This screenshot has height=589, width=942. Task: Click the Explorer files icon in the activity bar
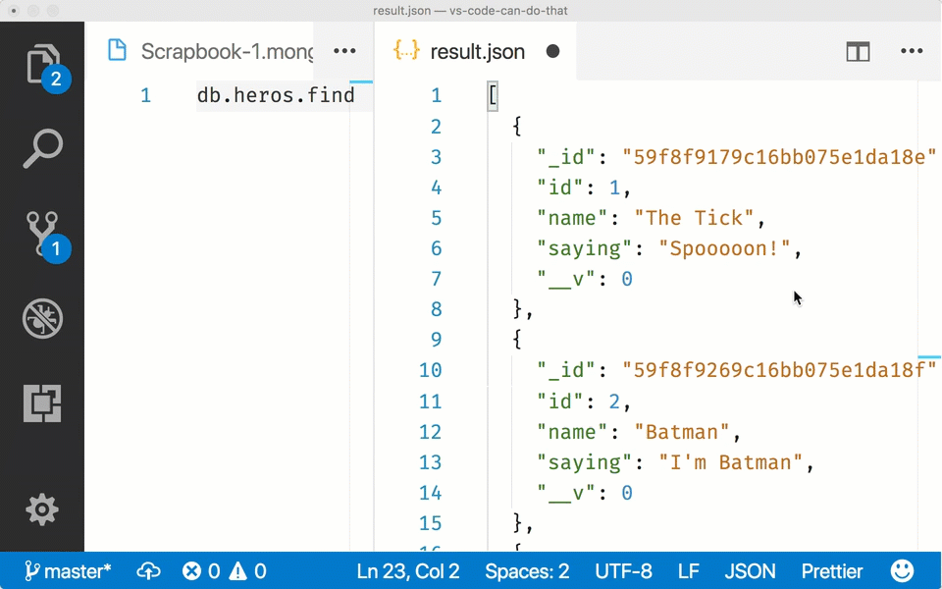coord(42,63)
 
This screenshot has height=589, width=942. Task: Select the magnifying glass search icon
coord(42,148)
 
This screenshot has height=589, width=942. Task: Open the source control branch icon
coord(42,234)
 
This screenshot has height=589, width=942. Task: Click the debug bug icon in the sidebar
coord(42,318)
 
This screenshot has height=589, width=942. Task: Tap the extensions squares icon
coord(42,402)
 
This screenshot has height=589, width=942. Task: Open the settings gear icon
coord(42,509)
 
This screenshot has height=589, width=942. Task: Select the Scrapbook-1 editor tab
coord(209,51)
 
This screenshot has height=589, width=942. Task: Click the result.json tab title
coord(478,52)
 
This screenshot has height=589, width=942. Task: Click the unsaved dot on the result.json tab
coord(552,52)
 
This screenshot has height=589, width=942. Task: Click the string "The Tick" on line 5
coord(694,218)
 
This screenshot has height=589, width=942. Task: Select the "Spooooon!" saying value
coord(724,248)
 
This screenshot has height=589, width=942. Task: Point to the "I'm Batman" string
coord(730,462)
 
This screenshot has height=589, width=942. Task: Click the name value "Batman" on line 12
coord(682,432)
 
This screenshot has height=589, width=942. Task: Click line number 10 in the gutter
coord(430,370)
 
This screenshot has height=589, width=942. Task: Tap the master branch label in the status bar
coord(68,571)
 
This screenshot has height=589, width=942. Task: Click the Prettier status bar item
coord(832,571)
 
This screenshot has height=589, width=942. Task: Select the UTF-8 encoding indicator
coord(623,571)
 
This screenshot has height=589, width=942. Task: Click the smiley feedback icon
coord(902,571)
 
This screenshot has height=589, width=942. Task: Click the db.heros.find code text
coord(276,95)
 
